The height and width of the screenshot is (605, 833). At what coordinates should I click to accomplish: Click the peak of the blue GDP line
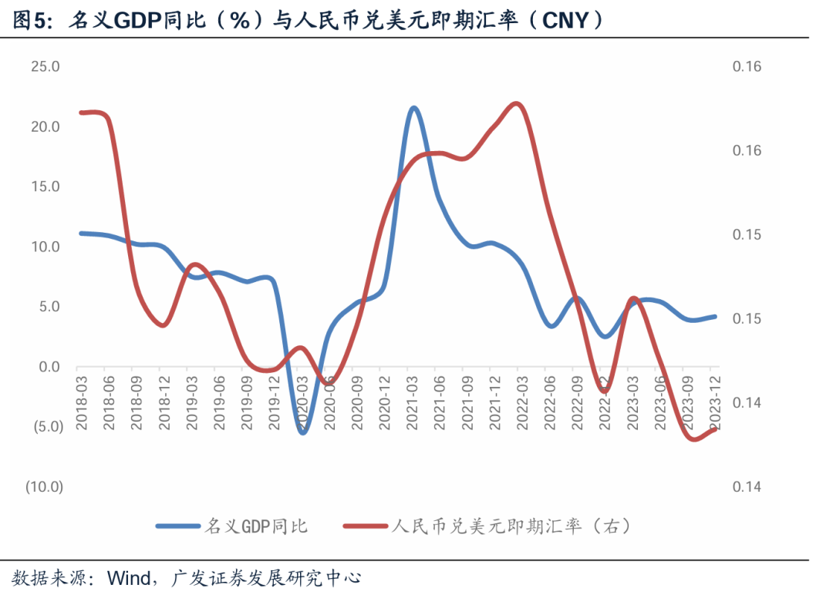(x=413, y=109)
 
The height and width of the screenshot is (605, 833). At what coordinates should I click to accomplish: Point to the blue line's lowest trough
(x=302, y=432)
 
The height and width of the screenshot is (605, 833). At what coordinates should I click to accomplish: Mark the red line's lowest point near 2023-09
(x=692, y=439)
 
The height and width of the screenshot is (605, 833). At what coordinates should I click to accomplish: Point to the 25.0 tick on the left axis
(x=46, y=66)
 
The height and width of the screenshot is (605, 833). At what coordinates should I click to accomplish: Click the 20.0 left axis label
(x=46, y=126)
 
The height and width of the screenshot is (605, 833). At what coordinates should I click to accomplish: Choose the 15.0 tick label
(x=46, y=187)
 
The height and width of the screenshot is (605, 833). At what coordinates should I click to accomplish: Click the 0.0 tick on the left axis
(x=49, y=367)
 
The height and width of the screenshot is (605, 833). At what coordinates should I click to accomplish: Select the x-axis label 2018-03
(x=82, y=399)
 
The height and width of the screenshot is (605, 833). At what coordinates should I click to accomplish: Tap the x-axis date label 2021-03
(x=413, y=399)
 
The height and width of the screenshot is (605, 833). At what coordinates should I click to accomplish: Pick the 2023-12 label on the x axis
(x=716, y=399)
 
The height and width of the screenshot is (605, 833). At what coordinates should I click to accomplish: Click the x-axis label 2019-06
(x=220, y=399)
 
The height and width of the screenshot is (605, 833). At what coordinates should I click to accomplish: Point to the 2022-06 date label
(x=551, y=399)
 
